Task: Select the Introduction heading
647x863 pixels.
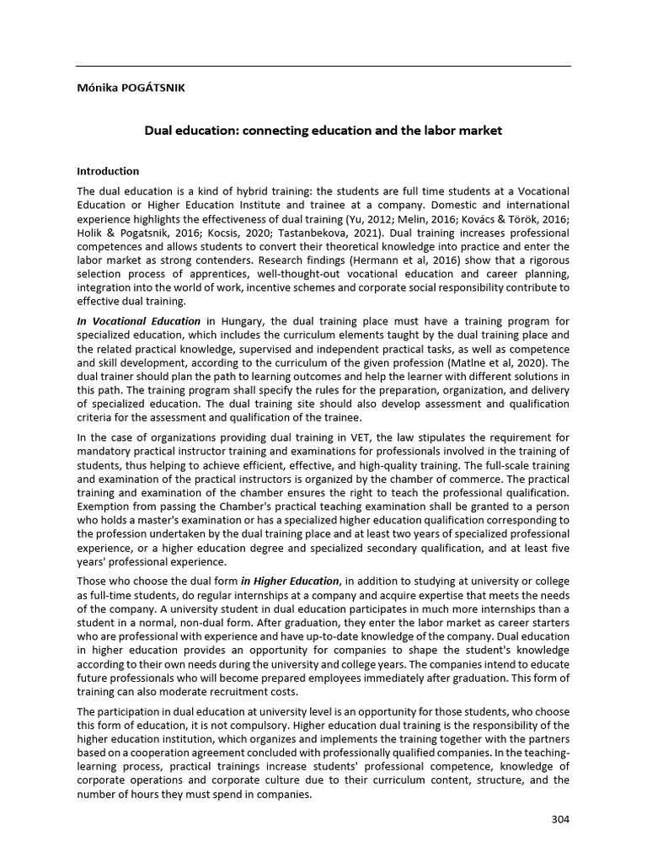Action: [x=108, y=171]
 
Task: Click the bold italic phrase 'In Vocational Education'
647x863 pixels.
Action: [x=139, y=320]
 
